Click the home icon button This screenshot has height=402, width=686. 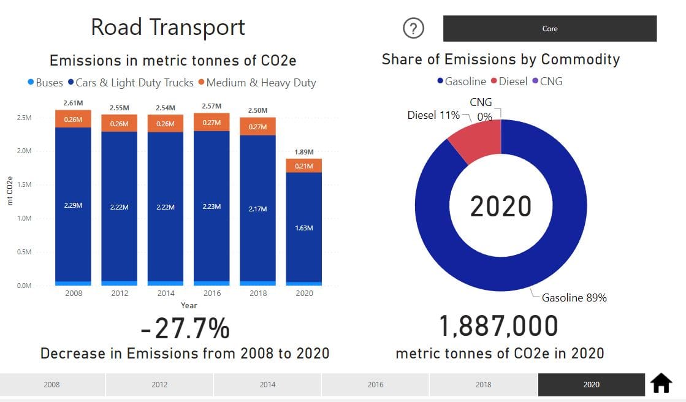pos(661,384)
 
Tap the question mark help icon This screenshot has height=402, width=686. pos(414,28)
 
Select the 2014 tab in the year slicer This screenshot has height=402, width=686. pos(267,385)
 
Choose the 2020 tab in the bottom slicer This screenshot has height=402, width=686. pos(591,385)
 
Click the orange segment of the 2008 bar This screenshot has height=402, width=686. pos(73,119)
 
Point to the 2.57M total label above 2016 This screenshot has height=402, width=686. pos(212,106)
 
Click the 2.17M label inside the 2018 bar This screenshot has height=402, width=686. pos(258,209)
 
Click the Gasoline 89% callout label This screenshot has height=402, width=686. pos(574,298)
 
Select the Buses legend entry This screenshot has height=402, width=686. pos(45,82)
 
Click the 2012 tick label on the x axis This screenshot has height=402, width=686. pos(120,293)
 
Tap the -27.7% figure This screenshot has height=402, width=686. pos(185,328)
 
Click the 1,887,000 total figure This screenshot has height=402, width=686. pos(499,326)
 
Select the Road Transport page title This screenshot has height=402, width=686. pos(168,27)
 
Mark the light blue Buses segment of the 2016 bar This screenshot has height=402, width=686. pos(212,283)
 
